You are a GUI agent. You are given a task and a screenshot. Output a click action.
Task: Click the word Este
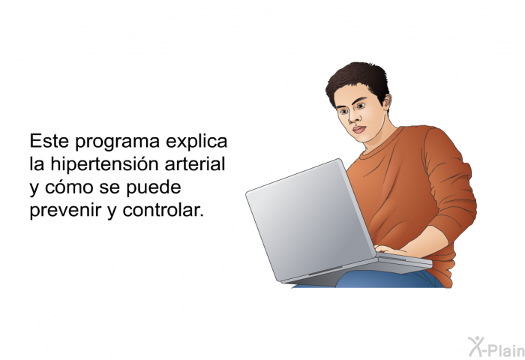tap(49, 141)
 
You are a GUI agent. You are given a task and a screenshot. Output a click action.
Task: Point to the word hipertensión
tap(104, 165)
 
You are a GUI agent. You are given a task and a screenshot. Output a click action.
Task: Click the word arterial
tap(194, 164)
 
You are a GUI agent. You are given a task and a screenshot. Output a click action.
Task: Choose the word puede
tap(153, 187)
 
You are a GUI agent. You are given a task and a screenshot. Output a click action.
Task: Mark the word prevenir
tap(65, 210)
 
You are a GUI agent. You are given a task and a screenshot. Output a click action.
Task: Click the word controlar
tap(163, 210)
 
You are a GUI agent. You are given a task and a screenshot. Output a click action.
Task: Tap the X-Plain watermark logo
tap(496, 346)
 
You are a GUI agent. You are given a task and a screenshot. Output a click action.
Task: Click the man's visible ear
tap(387, 102)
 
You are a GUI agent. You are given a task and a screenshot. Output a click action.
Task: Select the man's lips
tap(359, 130)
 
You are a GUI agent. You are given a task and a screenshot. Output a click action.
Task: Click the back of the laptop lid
tap(310, 219)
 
